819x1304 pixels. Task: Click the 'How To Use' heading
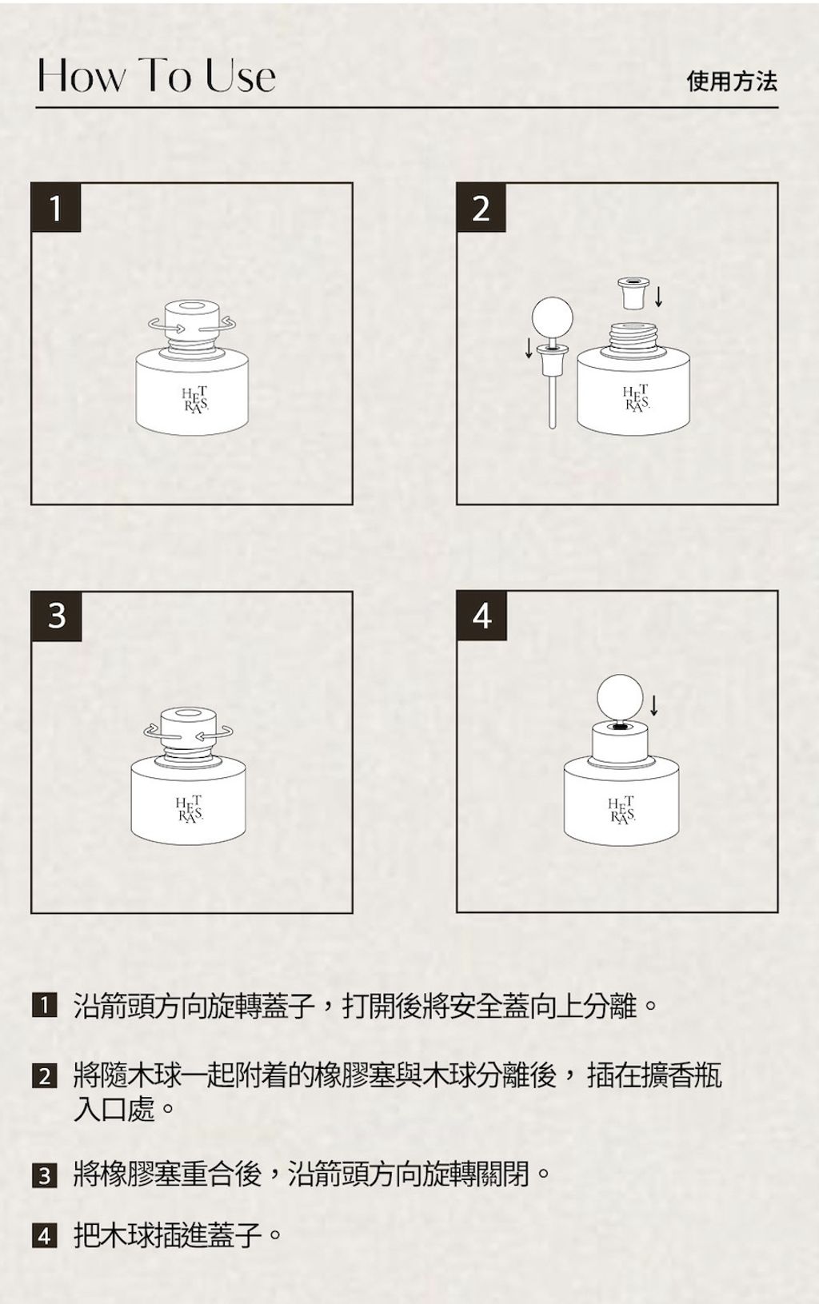(156, 76)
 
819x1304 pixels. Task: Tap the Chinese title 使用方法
(732, 81)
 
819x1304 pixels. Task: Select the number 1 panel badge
(56, 208)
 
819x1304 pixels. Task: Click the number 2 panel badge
(481, 208)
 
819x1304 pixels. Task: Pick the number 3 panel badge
(56, 616)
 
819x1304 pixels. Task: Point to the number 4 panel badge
(481, 616)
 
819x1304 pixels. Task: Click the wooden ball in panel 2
(552, 317)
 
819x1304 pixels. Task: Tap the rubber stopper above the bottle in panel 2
(633, 293)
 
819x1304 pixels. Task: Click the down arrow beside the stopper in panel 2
(659, 296)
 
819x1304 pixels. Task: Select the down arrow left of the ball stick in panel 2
(529, 348)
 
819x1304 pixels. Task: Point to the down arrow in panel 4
(654, 704)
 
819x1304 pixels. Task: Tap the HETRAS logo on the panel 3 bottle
(190, 809)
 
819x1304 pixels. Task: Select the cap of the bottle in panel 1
(192, 319)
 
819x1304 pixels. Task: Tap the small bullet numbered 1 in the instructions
(45, 1006)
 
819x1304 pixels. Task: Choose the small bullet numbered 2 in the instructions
(45, 1075)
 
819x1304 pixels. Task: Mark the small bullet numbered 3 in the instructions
(45, 1174)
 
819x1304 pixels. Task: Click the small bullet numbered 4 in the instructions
(45, 1235)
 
